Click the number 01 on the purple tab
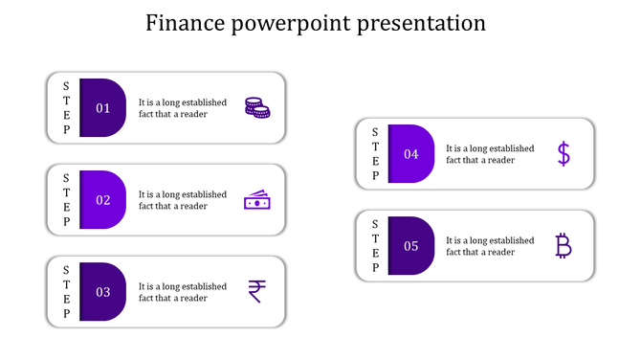click(x=103, y=108)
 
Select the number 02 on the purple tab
click(x=103, y=200)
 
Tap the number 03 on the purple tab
click(x=103, y=292)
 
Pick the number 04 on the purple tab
click(x=411, y=154)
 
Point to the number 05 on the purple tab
click(x=411, y=246)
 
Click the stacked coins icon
click(x=256, y=108)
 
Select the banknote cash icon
click(x=256, y=200)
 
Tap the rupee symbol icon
click(x=256, y=291)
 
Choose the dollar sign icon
click(x=564, y=154)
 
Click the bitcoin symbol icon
click(x=564, y=246)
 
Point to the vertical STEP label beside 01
click(x=66, y=108)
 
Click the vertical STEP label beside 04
click(x=375, y=154)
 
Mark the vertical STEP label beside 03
click(x=66, y=292)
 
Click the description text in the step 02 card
click(x=183, y=200)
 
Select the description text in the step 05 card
click(x=490, y=246)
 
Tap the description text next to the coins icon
click(x=183, y=108)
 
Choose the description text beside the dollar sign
click(x=490, y=154)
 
